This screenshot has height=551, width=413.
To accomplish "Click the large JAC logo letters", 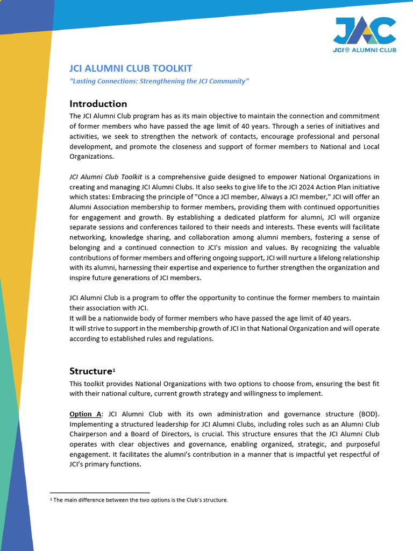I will point(365,31).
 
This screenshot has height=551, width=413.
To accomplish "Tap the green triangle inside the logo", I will point(371,39).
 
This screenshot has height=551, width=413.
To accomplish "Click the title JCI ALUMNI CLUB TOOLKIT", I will point(131,68).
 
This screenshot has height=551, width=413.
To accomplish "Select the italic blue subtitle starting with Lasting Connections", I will point(159,81).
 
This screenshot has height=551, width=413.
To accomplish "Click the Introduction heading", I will point(98,104).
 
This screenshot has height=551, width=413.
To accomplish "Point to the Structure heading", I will point(90,371).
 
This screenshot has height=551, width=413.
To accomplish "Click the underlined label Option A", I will point(86,414).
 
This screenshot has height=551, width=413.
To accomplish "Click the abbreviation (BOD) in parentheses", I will point(367,414).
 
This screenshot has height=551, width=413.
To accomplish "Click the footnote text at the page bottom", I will point(139,500).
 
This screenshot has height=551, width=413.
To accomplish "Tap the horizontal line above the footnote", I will point(99,492).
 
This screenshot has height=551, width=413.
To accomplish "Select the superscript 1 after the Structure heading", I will point(113,370).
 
